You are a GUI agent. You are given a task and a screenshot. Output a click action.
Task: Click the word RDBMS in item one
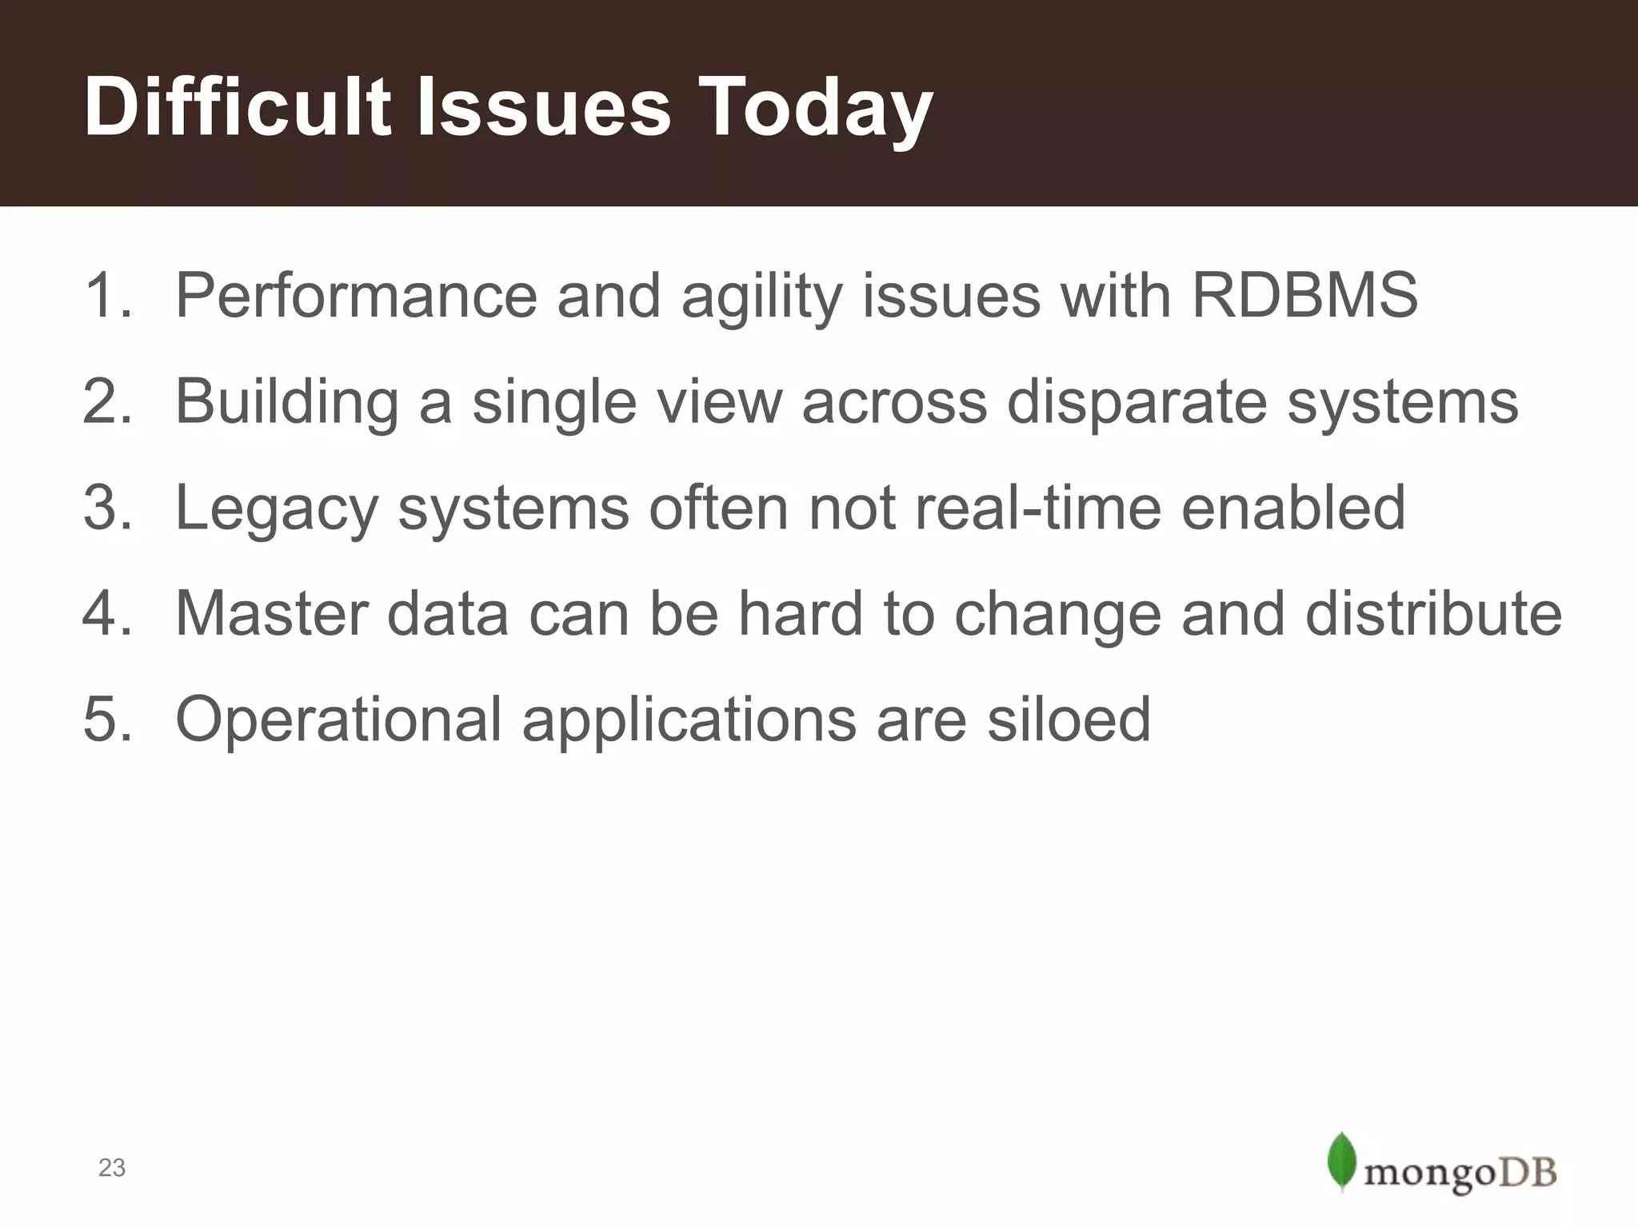pos(1304,296)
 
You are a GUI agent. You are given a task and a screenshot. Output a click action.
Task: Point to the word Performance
pos(356,296)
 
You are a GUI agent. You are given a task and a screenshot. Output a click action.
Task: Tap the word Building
pos(286,402)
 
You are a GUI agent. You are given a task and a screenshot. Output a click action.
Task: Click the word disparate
pos(1137,402)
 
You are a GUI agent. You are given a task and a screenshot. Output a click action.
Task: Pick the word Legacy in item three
pos(276,508)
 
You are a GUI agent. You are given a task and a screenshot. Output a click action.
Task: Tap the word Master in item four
pos(271,614)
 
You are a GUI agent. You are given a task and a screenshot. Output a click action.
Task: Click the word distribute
pos(1433,614)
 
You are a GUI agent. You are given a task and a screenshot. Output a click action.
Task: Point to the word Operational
pos(338,720)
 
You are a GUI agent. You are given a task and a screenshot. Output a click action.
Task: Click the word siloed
pos(1069,720)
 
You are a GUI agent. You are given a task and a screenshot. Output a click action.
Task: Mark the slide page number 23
pos(112,1168)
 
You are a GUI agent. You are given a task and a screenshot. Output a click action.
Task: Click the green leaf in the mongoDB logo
pos(1341,1161)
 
